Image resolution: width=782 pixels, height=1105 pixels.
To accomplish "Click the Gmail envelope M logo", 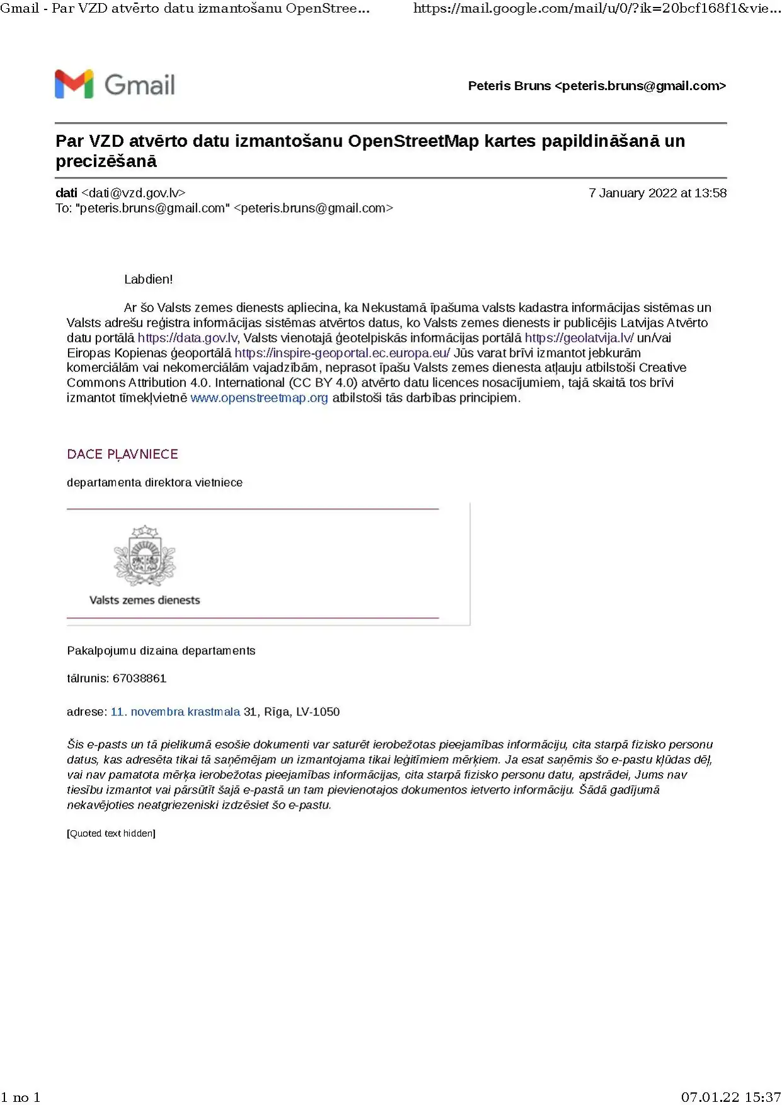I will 74,84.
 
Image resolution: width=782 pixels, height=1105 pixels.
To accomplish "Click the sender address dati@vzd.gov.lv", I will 134,194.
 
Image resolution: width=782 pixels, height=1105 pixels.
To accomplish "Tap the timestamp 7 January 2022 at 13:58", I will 657,194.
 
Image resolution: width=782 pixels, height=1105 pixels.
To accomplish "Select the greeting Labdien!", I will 148,279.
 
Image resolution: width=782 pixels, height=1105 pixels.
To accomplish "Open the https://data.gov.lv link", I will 187,338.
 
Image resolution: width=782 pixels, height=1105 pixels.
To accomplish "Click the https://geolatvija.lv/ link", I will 578,338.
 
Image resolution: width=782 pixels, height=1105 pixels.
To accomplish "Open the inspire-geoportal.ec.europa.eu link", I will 342,353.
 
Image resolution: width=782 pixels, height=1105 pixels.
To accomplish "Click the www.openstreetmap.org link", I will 259,398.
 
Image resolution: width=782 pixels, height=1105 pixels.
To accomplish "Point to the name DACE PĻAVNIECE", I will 122,454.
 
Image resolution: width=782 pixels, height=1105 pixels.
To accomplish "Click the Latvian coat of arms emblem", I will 144,556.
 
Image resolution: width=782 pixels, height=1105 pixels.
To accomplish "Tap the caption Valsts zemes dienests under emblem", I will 144,600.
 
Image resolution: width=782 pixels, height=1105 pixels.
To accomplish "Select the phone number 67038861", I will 139,679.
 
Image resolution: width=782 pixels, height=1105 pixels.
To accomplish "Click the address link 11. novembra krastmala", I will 175,712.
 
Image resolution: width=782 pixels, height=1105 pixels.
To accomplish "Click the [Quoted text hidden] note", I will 111,833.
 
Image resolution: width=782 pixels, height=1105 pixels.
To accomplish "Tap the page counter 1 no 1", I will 21,1097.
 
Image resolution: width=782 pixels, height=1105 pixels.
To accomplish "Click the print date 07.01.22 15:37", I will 730,1097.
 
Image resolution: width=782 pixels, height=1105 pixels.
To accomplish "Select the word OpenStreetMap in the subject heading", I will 413,141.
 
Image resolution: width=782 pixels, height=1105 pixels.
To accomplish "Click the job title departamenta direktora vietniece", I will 154,483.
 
